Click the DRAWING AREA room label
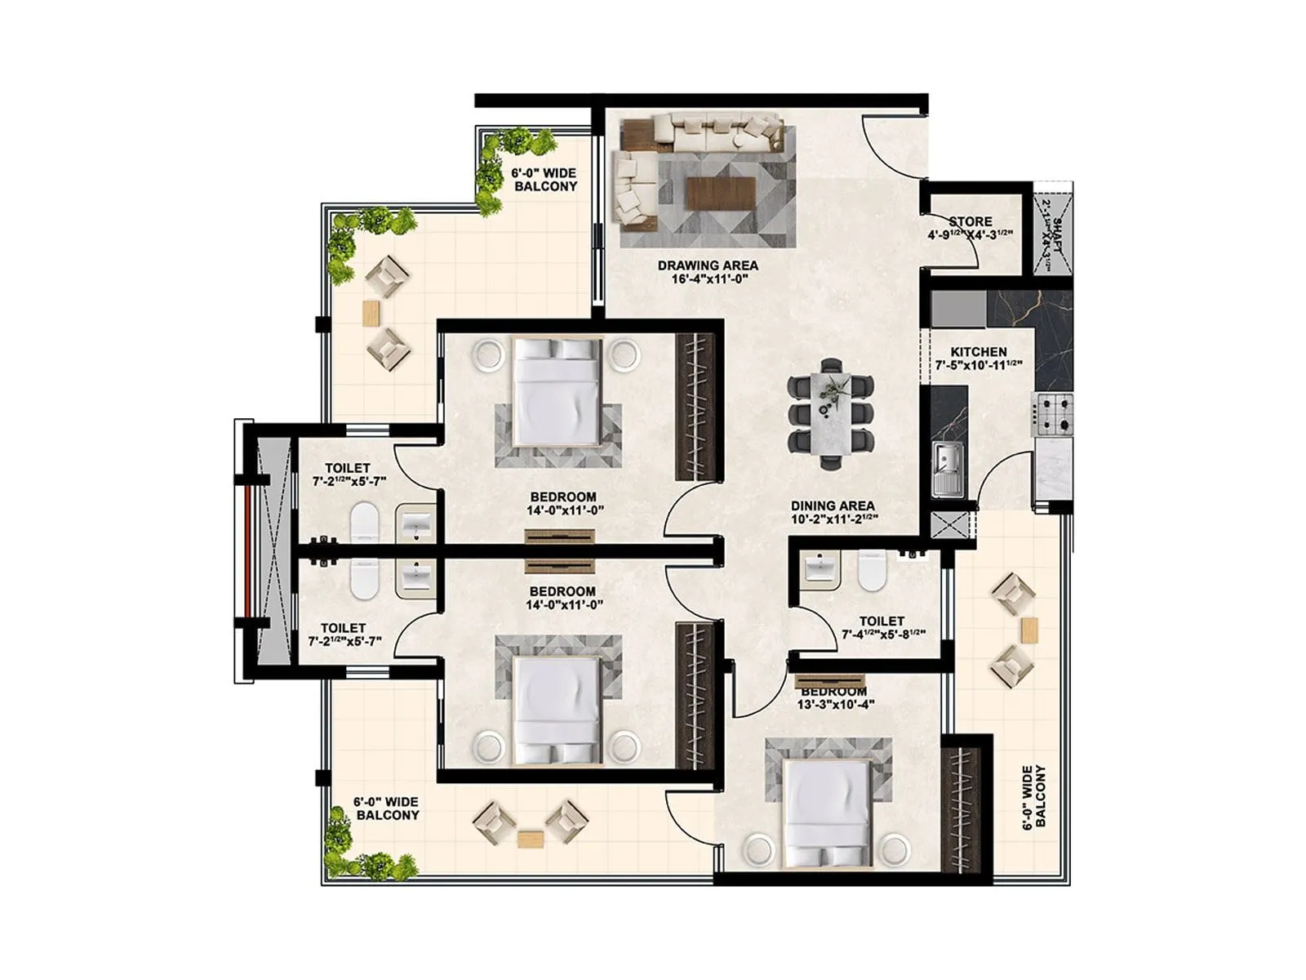[x=707, y=265]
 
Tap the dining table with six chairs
[x=831, y=412]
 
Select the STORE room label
[x=970, y=221]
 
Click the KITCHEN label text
[x=978, y=352]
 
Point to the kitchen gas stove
[x=1052, y=414]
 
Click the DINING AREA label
[x=832, y=506]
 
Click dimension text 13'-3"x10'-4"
[x=833, y=704]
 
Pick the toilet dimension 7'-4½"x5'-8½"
[x=882, y=634]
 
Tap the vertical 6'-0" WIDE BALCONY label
[x=1033, y=796]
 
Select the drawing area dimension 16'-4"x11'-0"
[x=707, y=279]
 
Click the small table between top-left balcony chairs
[x=371, y=313]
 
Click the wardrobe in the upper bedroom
[x=695, y=406]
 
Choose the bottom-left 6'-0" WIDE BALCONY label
[x=386, y=808]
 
